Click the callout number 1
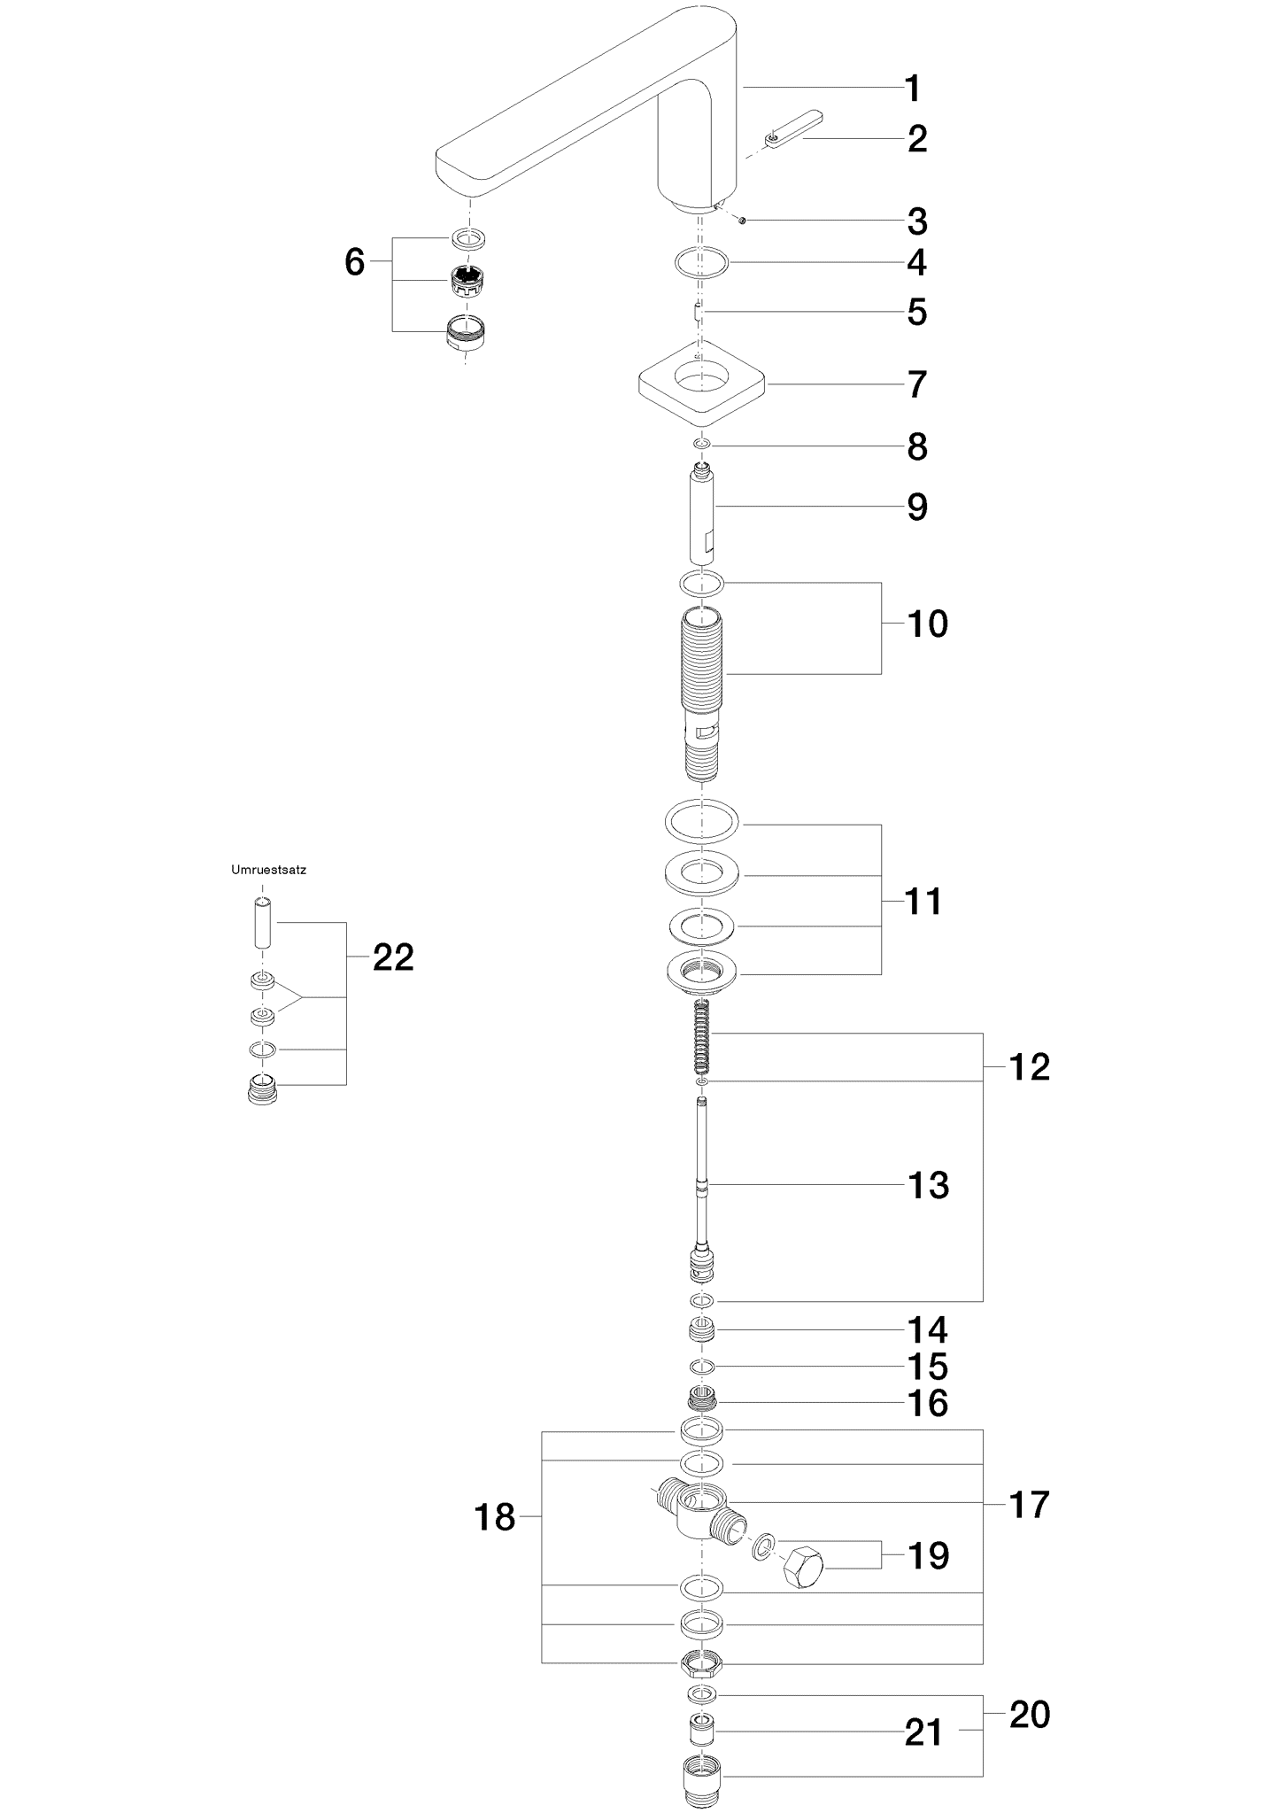coord(912,89)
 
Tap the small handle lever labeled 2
coord(793,131)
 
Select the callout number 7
coord(917,384)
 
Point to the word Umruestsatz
coord(268,870)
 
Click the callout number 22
coord(393,957)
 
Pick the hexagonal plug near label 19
coord(804,1567)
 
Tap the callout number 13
coord(928,1185)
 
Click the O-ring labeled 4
coord(701,263)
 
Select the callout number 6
coord(354,262)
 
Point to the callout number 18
coord(495,1517)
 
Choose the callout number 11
coord(923,902)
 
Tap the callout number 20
coord(1030,1715)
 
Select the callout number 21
coord(923,1733)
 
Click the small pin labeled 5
coord(699,312)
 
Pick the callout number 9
coord(917,507)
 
